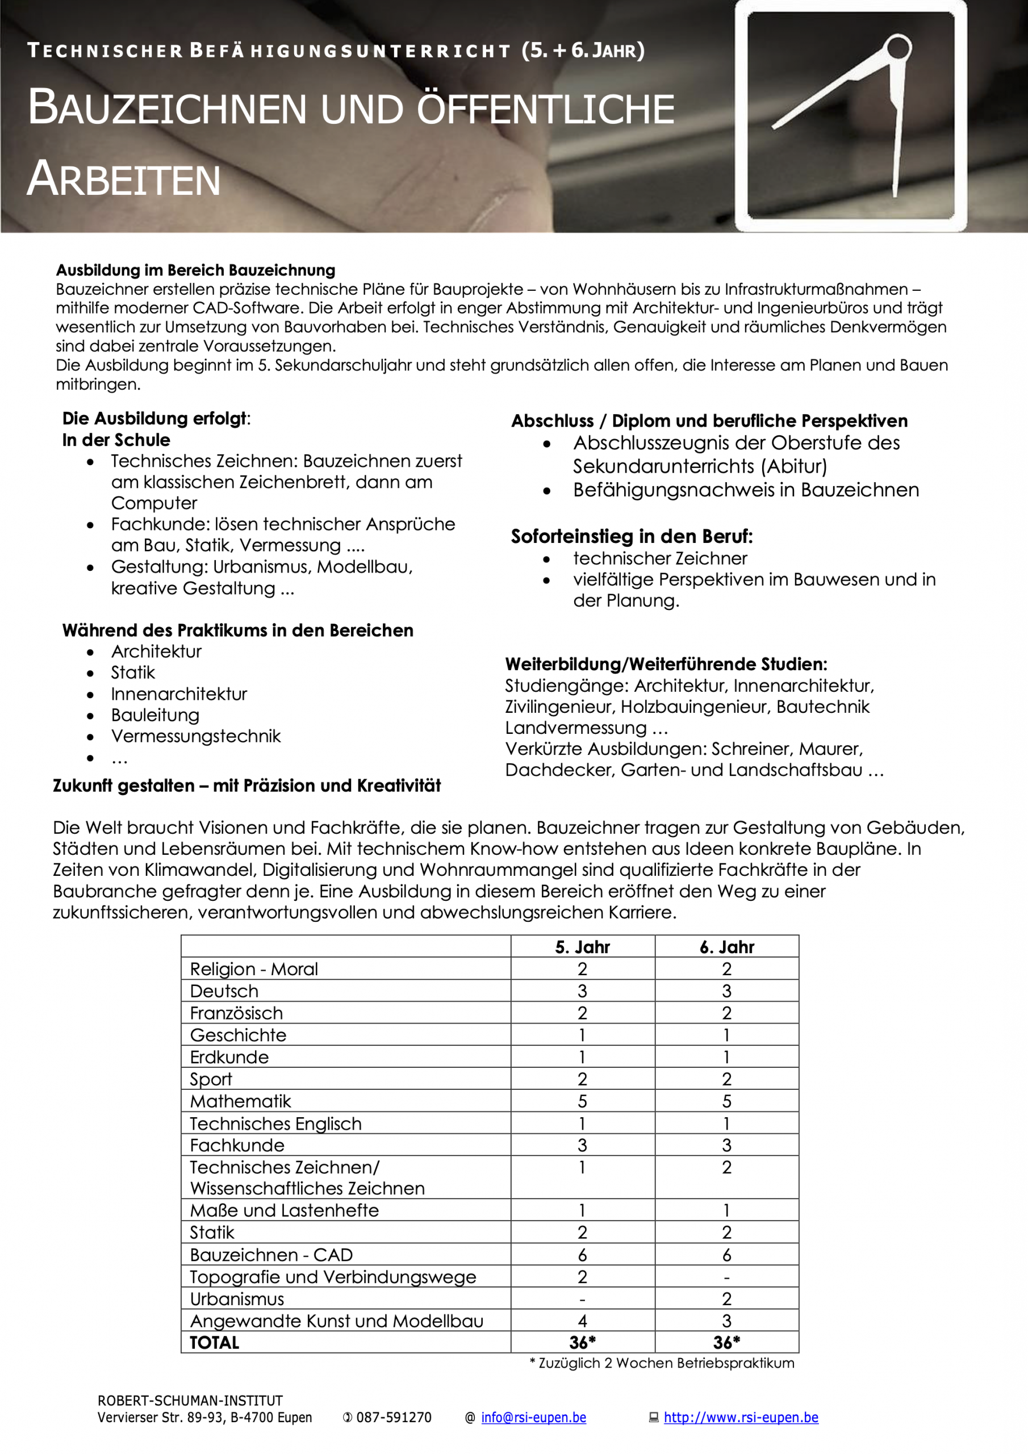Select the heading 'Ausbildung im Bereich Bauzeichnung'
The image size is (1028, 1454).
196,270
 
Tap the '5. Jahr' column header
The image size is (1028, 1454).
582,947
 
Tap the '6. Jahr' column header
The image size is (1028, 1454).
726,947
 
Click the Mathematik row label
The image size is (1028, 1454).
241,1101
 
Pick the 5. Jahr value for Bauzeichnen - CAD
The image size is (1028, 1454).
582,1255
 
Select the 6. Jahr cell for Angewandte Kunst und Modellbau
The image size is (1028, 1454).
726,1321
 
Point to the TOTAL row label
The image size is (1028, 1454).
215,1343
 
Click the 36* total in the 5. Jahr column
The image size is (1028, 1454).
582,1343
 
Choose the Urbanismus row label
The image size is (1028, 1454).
237,1299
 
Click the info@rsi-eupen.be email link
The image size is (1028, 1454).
533,1417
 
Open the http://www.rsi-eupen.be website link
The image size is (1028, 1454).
741,1417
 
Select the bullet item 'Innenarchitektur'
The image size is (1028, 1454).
179,694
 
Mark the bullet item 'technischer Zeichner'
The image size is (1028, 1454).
660,558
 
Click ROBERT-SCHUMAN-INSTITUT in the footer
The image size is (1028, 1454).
190,1400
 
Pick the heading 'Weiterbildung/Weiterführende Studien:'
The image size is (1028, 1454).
666,665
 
